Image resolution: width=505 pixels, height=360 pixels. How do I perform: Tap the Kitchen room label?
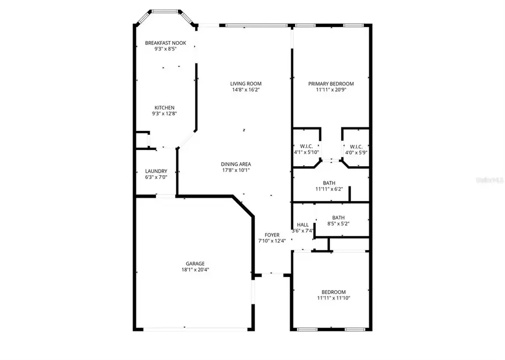point(164,107)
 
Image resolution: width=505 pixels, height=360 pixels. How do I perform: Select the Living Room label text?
point(246,84)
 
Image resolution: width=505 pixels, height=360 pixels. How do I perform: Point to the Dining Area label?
point(235,164)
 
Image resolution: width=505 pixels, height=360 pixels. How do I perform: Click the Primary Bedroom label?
point(330,84)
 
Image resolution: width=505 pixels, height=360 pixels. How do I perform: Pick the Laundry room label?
point(155,172)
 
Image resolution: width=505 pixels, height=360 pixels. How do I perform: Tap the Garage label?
point(195,263)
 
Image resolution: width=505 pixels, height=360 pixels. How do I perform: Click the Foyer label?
point(272,235)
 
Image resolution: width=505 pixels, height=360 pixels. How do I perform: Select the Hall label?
point(302,225)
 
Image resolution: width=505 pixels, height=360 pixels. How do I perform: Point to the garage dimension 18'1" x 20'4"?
point(195,270)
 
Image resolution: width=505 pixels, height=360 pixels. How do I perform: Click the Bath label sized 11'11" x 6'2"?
point(329,183)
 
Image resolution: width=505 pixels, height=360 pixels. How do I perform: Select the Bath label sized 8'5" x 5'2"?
point(338,218)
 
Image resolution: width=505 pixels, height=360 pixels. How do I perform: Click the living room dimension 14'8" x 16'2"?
point(246,90)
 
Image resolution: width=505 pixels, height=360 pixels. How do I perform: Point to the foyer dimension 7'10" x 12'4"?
point(272,241)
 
